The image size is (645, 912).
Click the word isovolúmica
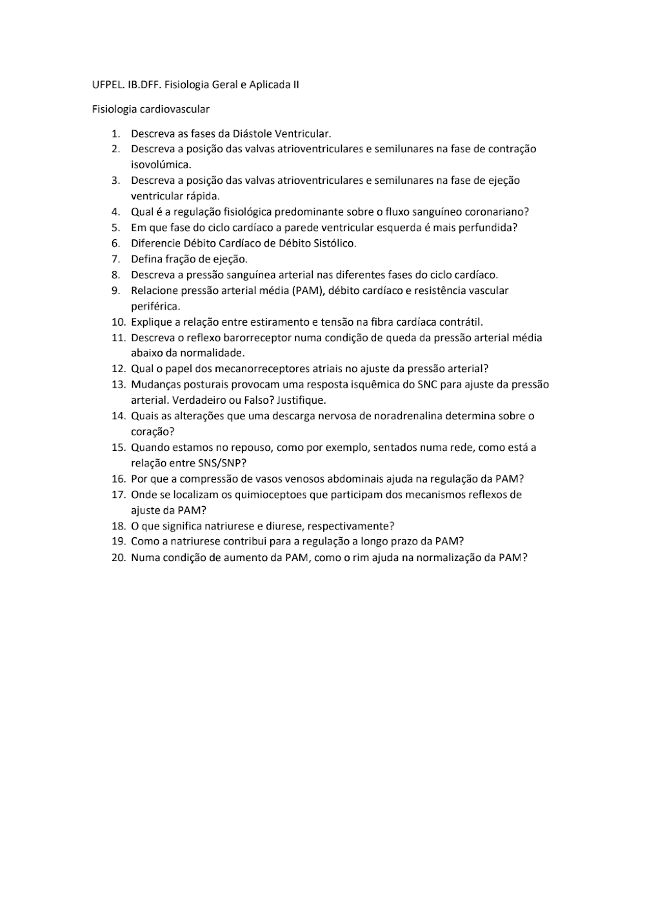point(161,164)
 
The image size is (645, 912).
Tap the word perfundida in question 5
point(487,228)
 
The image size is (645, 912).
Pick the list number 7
point(116,259)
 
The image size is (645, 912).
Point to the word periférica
point(155,306)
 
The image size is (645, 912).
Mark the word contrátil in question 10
point(461,322)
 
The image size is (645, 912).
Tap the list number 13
point(118,385)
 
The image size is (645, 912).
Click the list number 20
point(118,558)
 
